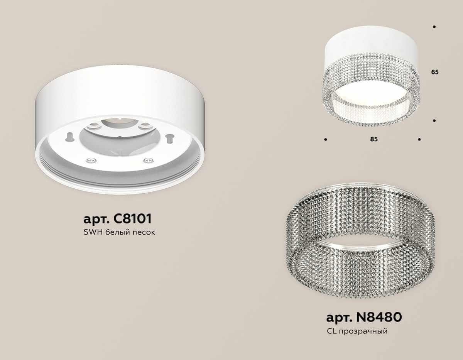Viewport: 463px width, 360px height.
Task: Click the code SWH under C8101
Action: pyautogui.click(x=91, y=233)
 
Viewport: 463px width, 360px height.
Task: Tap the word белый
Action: pyautogui.click(x=115, y=233)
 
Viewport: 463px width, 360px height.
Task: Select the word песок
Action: pyautogui.click(x=143, y=233)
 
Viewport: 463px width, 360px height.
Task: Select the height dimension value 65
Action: pyautogui.click(x=435, y=72)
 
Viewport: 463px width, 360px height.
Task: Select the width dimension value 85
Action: pyautogui.click(x=373, y=139)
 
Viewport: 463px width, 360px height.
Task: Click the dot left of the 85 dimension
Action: pyautogui.click(x=326, y=139)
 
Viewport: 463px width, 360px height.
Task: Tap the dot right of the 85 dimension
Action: pyautogui.click(x=419, y=139)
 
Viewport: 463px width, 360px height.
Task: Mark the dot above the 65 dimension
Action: pyautogui.click(x=434, y=27)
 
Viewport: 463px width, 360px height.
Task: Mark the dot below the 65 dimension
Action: pyautogui.click(x=434, y=121)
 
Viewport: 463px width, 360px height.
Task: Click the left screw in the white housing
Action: pyautogui.click(x=89, y=160)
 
